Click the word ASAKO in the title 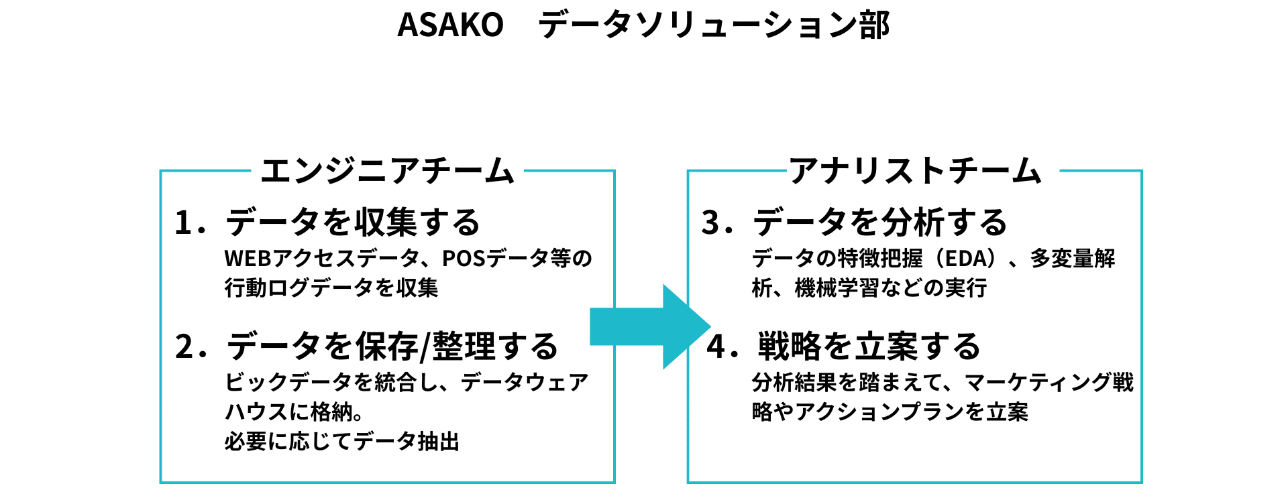pos(450,25)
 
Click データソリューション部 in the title pos(714,25)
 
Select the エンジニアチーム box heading pos(387,171)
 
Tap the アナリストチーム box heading pos(915,171)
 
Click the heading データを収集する pos(353,223)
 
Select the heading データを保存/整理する pos(392,346)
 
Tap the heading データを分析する pos(879,223)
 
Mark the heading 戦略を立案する pos(869,346)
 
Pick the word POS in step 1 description pos(463,259)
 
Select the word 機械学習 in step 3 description pos(837,288)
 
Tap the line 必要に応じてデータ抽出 pos(342,442)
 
